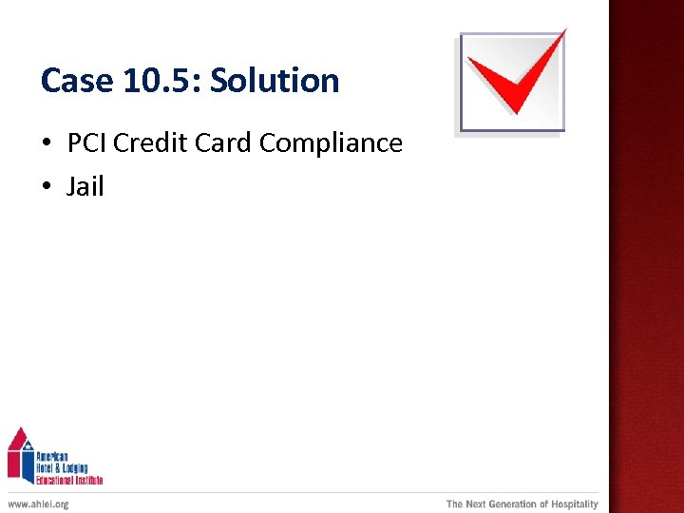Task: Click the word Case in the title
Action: [77, 81]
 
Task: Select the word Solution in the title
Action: [275, 81]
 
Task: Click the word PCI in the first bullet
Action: [86, 143]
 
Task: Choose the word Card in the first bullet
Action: [224, 143]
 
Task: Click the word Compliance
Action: [331, 143]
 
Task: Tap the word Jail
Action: [85, 186]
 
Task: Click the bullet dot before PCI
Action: [47, 144]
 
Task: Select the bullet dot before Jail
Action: [47, 187]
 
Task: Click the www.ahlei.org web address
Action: [38, 503]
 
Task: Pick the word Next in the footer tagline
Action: [475, 503]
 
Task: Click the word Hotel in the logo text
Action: [47, 467]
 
